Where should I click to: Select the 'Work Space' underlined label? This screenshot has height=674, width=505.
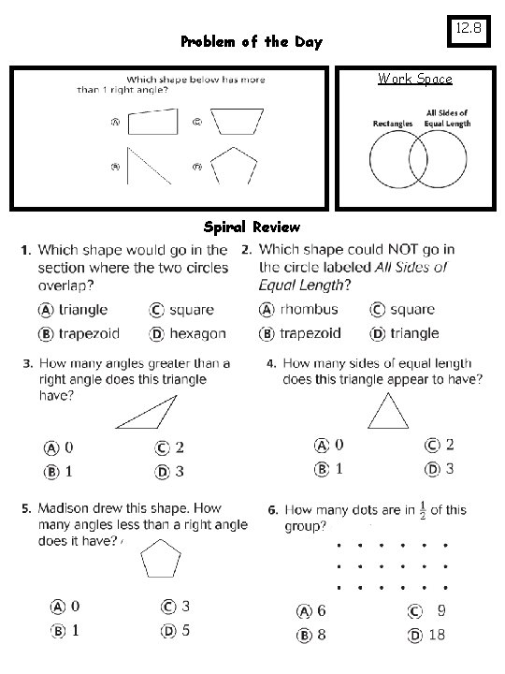tap(414, 80)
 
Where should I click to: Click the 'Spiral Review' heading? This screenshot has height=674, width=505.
tap(252, 227)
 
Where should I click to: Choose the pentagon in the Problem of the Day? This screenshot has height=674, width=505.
tap(234, 166)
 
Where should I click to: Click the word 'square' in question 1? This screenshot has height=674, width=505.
tap(192, 310)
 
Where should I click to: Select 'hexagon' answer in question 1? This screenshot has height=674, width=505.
tap(196, 333)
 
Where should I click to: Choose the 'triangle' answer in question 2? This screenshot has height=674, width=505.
tap(414, 333)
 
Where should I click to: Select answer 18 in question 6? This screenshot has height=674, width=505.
tap(437, 636)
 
